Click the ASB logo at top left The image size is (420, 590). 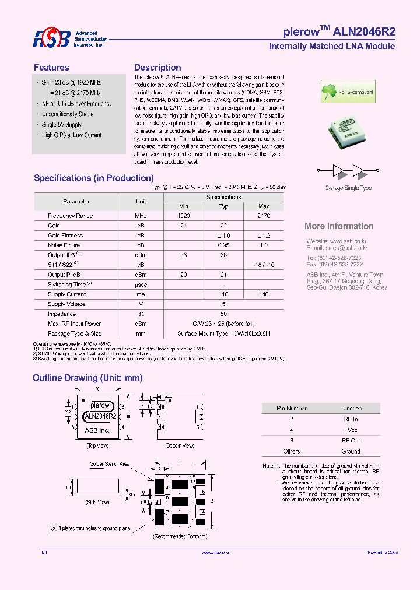coord(51,39)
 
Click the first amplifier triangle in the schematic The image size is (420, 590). coord(339,171)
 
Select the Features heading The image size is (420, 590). coord(51,68)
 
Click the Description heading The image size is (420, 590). coord(157,68)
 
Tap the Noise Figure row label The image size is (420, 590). coord(64,245)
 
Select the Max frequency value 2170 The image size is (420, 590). coord(263,216)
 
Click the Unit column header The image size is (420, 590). coord(141,202)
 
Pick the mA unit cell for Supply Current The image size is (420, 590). coord(141,294)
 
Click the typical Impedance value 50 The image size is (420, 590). coord(223,314)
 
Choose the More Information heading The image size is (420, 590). coord(339,226)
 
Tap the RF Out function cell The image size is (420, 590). coord(351,441)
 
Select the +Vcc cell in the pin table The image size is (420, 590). coord(351,430)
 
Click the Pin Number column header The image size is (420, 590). coord(291,408)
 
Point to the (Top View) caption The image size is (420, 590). coord(98,445)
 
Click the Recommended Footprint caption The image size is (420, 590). coord(180,535)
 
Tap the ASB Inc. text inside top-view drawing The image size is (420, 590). coord(97,430)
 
